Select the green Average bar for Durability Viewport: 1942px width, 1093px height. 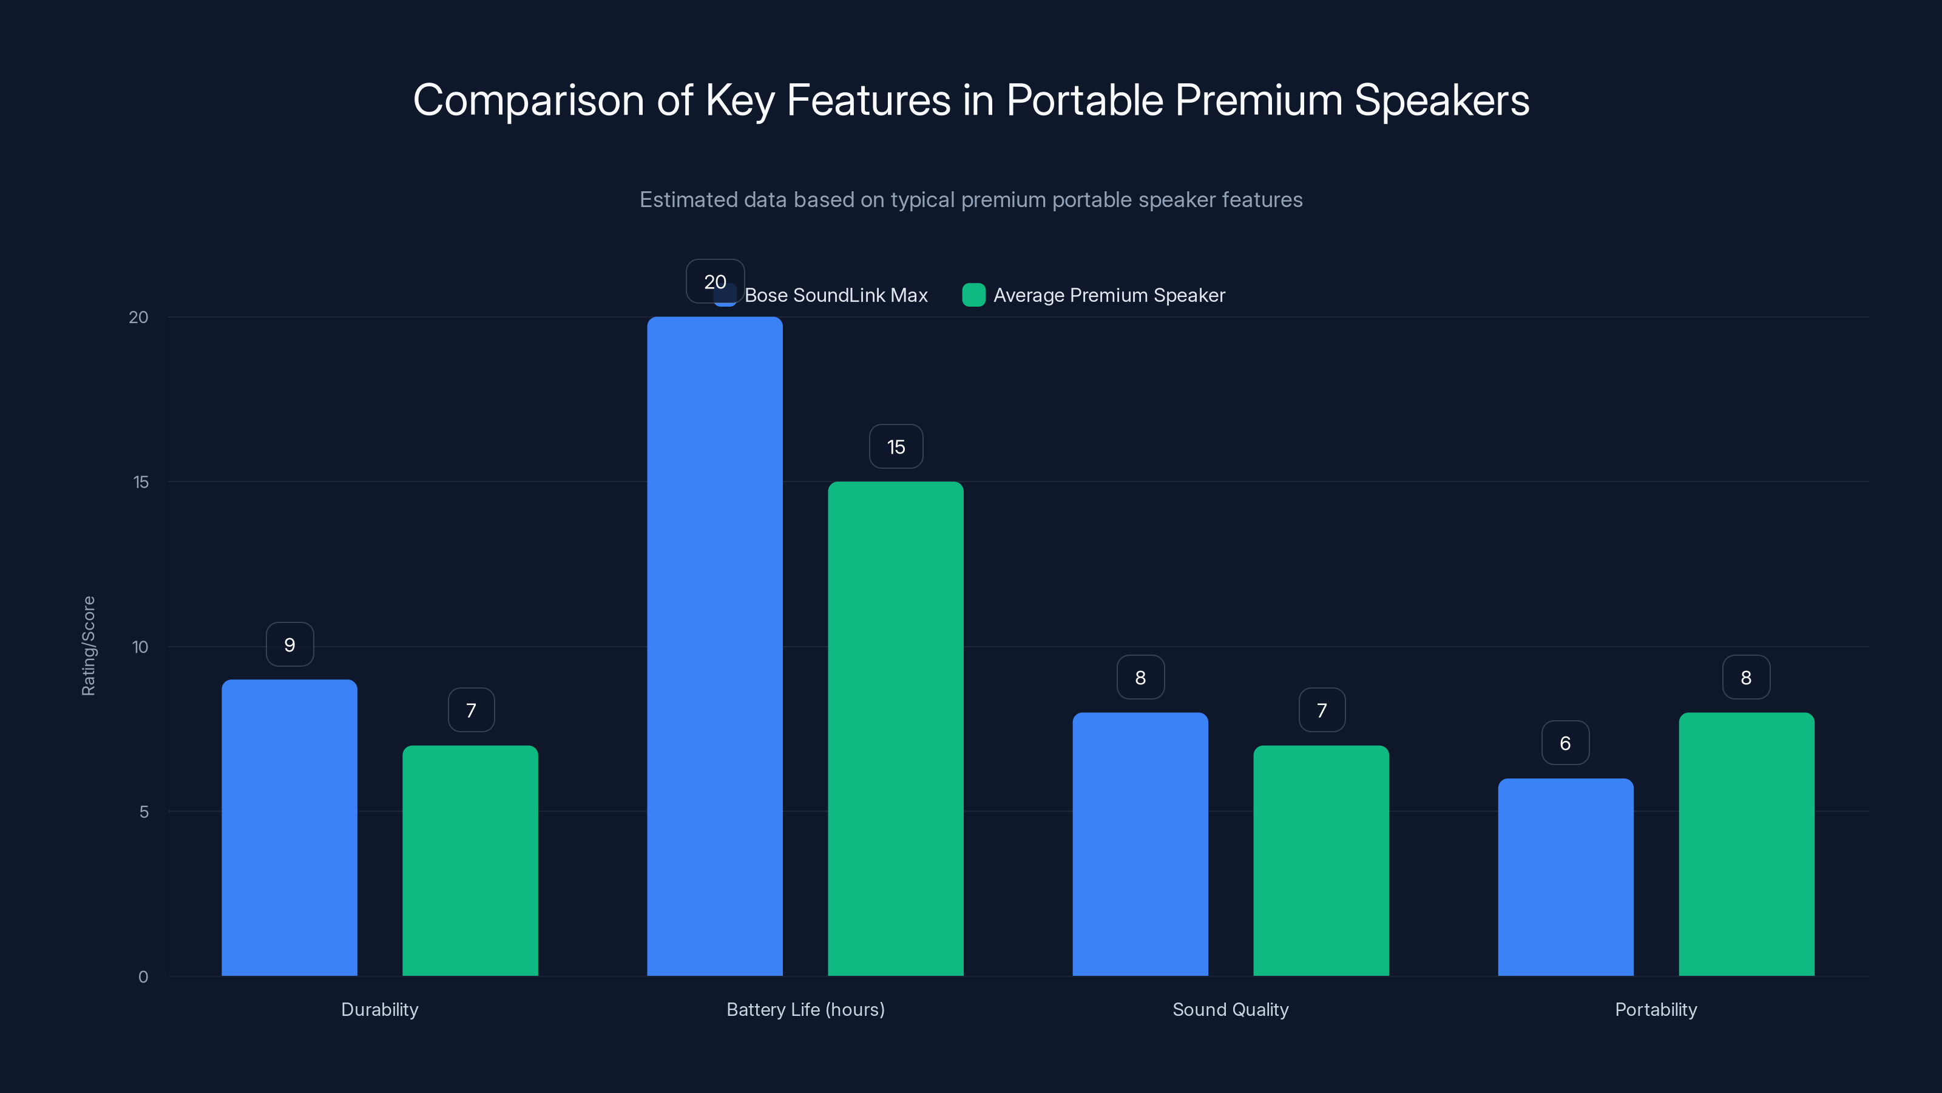[470, 860]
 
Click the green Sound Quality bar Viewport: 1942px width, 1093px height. [1321, 860]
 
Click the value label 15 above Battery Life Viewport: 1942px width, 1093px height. [896, 446]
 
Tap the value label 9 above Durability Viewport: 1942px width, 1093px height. [289, 644]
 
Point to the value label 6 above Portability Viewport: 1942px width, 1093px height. [1565, 743]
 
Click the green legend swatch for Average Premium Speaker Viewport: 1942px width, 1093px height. [973, 295]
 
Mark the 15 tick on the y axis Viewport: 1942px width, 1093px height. [141, 482]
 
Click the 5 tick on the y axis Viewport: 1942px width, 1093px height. [143, 812]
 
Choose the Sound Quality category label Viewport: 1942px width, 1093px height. [1230, 1009]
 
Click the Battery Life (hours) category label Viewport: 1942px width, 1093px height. [805, 1009]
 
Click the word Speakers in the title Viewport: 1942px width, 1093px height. [1441, 100]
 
